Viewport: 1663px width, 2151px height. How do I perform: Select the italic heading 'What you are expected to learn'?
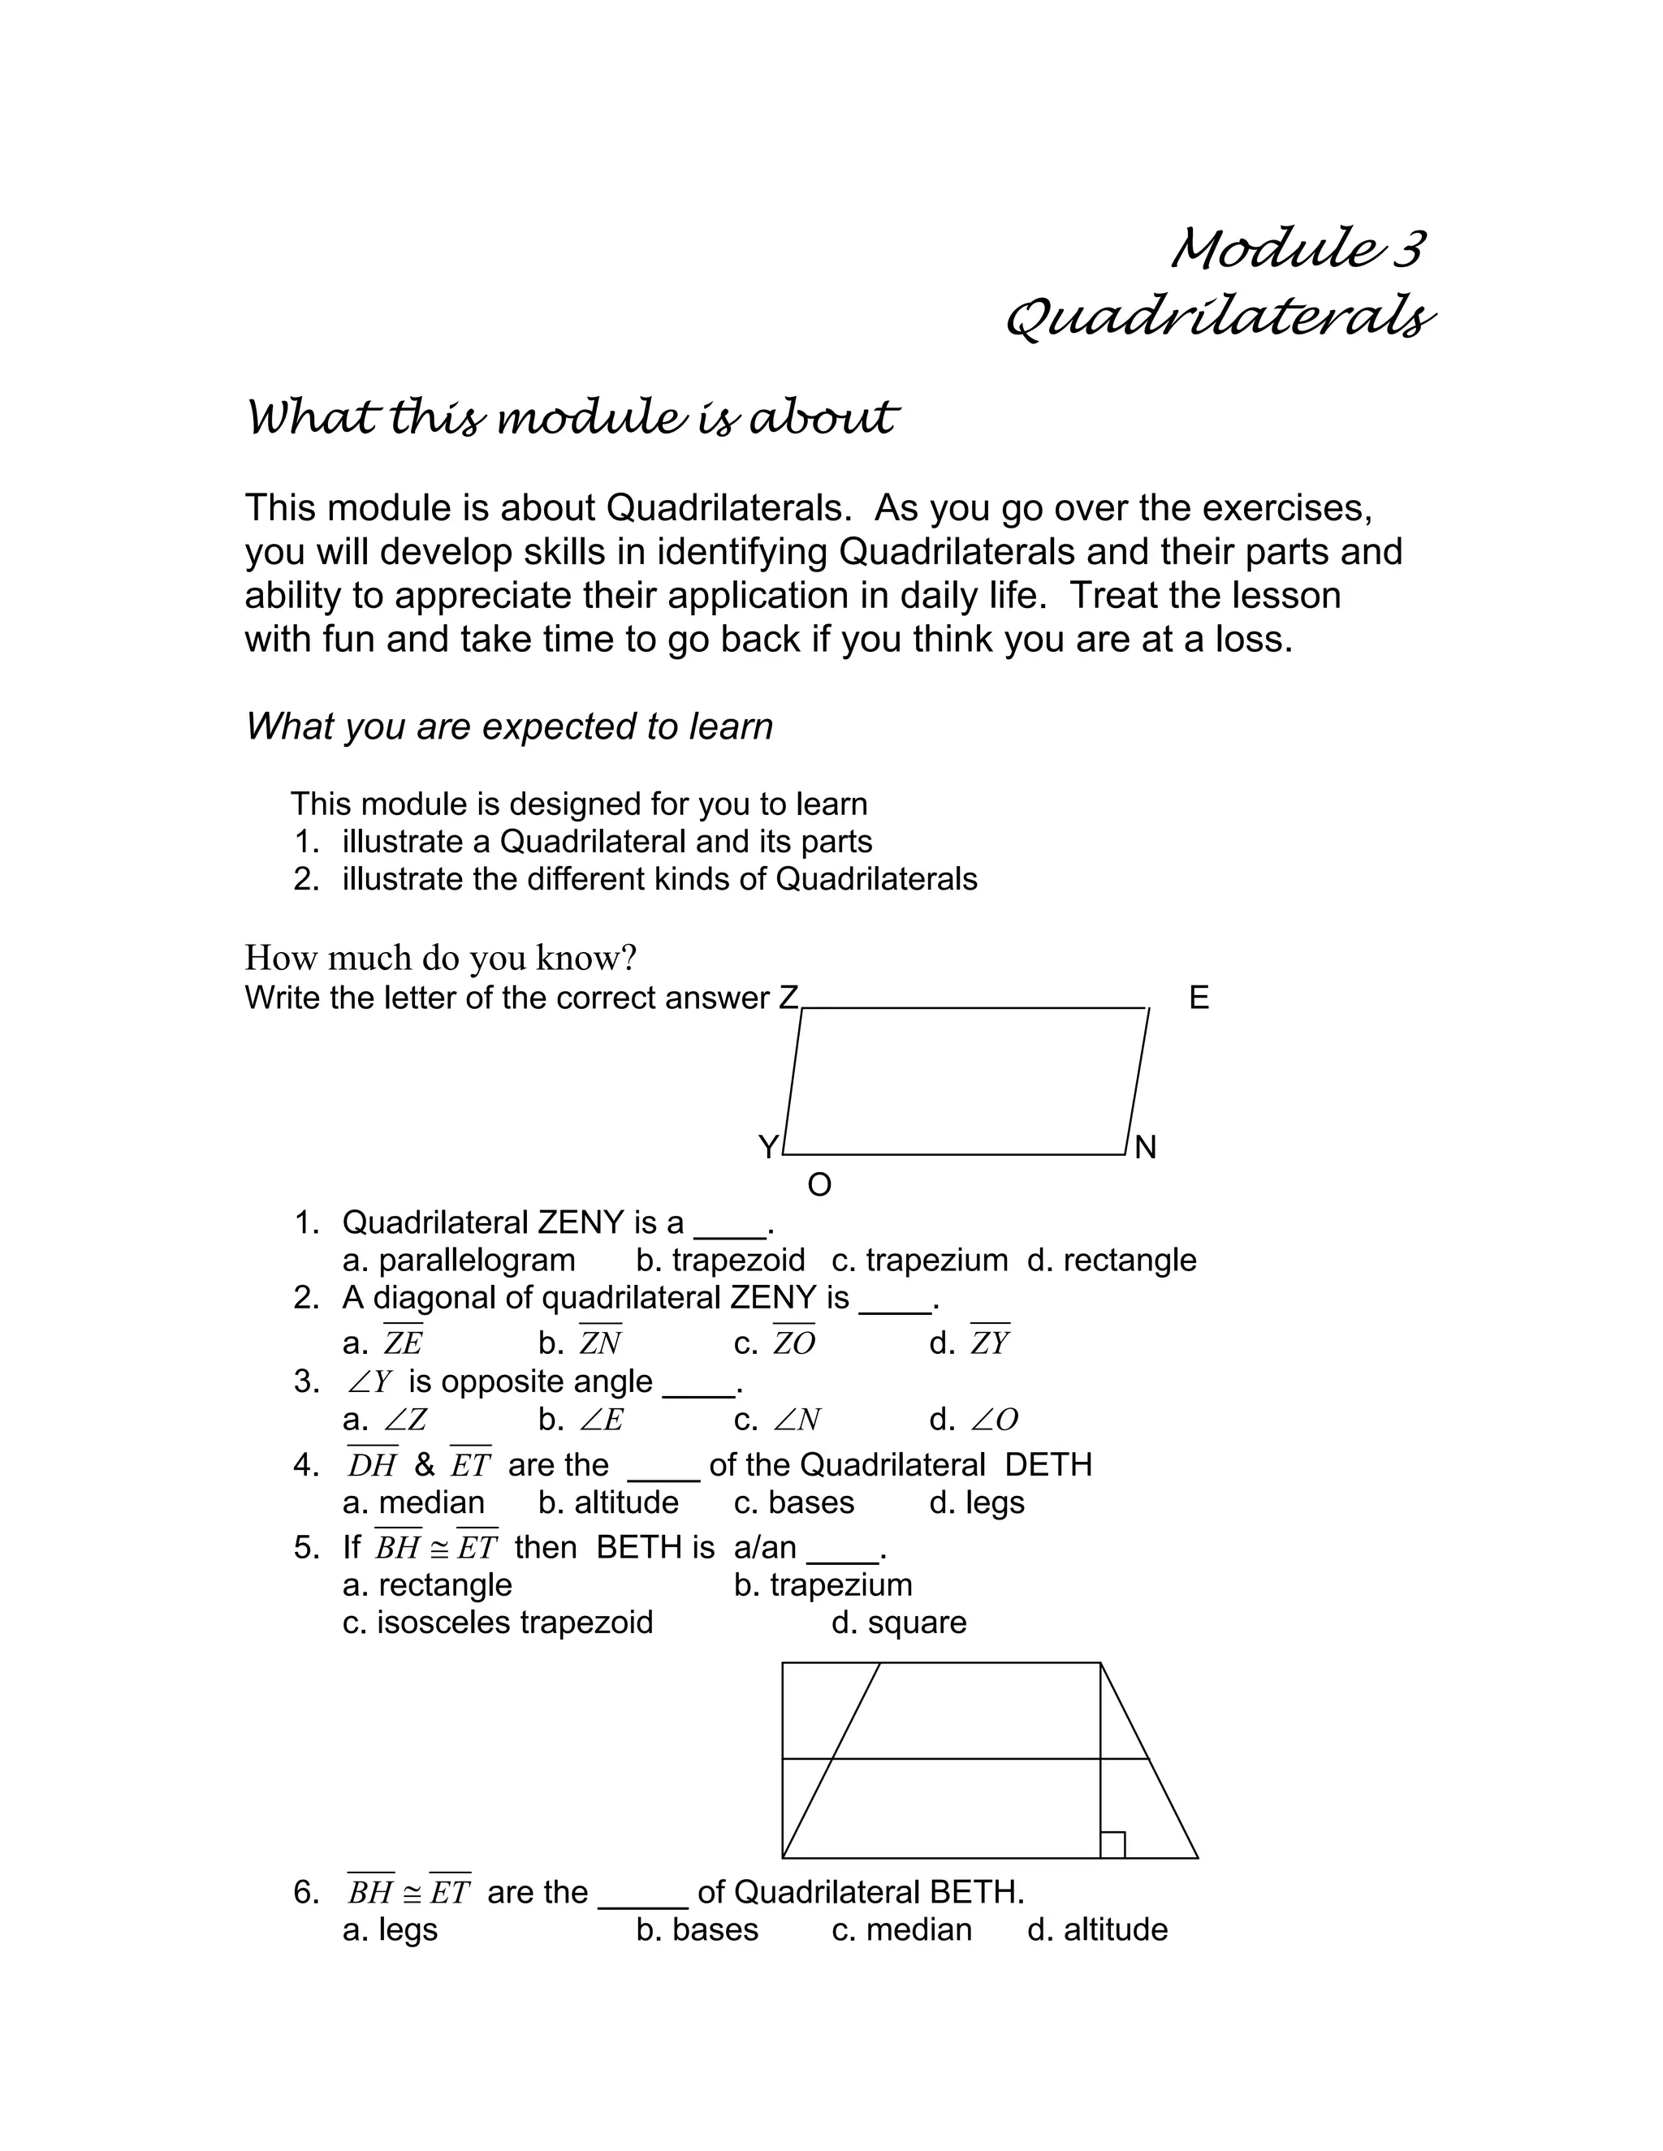(508, 726)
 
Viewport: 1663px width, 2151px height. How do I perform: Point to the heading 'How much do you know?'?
(440, 957)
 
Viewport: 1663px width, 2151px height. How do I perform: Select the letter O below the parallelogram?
(819, 1186)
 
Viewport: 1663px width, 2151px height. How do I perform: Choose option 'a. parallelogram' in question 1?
(458, 1261)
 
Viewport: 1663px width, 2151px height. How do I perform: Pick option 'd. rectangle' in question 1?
(1112, 1261)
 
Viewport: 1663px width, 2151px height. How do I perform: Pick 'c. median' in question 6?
(901, 1929)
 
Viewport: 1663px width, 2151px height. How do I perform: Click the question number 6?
(305, 1892)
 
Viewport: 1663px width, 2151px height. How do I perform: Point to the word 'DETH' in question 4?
(1048, 1465)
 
